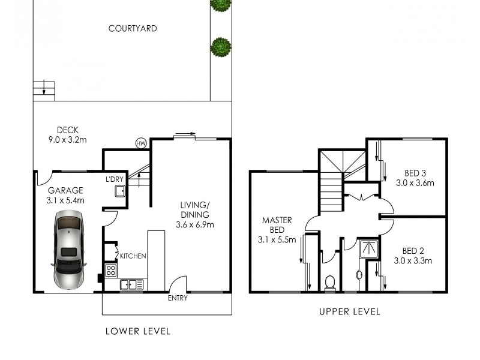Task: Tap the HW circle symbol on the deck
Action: pos(142,143)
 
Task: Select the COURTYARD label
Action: pos(133,28)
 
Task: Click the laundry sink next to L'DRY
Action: pos(119,191)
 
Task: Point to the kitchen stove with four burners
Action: pos(110,269)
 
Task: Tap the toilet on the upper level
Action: pos(329,283)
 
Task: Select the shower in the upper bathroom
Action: pos(365,248)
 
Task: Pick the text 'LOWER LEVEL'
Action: pos(138,331)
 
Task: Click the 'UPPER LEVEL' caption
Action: pos(349,311)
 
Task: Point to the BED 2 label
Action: pos(413,250)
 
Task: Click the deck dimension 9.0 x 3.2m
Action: pos(68,140)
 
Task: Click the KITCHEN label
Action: pos(133,256)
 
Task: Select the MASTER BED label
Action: pos(277,225)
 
